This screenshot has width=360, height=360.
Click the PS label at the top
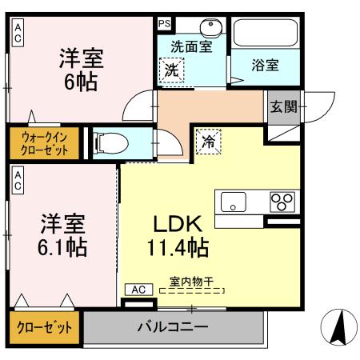click(x=164, y=23)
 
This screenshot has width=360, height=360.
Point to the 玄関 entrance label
click(x=281, y=106)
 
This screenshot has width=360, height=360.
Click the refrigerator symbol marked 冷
click(x=207, y=144)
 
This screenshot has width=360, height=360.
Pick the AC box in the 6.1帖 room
click(x=17, y=181)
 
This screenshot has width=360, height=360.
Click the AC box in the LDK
click(x=138, y=289)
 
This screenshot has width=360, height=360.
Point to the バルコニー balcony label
click(x=172, y=327)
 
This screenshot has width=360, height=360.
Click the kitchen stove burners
click(x=282, y=200)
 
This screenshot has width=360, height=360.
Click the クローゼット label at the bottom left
click(x=45, y=328)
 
